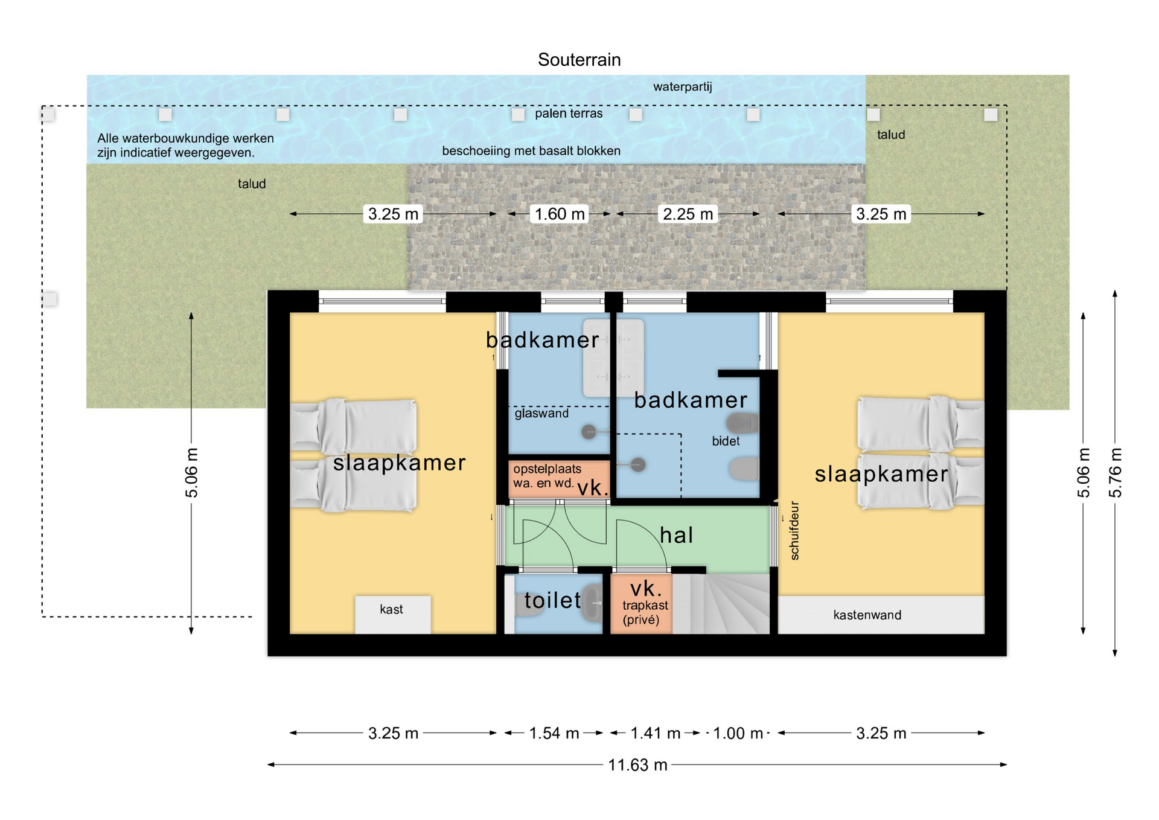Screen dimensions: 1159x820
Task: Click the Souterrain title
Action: tap(579, 60)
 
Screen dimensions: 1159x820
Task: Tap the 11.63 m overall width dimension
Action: tap(637, 765)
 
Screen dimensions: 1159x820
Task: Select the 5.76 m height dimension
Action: tap(1116, 473)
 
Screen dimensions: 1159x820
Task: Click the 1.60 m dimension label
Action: tap(560, 214)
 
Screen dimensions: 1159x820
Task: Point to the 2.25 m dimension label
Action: tap(688, 214)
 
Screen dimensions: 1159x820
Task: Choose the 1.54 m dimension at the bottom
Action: tap(554, 733)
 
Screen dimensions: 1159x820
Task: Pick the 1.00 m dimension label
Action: tap(738, 733)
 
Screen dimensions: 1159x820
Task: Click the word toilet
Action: tap(552, 600)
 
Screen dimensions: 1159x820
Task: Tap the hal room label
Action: tap(676, 535)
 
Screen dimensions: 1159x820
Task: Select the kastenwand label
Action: tap(867, 615)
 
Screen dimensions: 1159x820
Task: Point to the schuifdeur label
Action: tap(794, 531)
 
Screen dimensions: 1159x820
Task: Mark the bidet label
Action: tap(726, 441)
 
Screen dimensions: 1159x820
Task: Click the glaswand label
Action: tap(541, 413)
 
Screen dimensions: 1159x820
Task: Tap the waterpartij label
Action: tap(682, 86)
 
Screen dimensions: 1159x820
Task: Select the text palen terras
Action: tap(569, 113)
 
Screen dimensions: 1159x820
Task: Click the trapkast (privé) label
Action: tap(645, 612)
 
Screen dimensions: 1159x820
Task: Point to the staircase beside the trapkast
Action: tap(721, 604)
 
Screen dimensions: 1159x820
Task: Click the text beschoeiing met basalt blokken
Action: tap(531, 150)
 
